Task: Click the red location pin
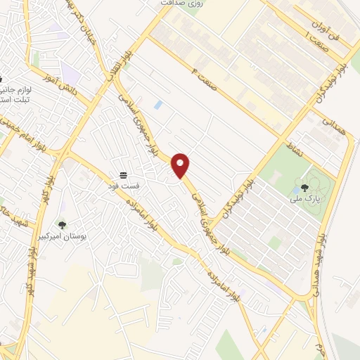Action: point(181,165)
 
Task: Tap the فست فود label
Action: point(124,186)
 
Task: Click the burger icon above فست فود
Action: point(124,174)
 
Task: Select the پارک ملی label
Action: point(304,199)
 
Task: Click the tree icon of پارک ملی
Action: point(304,188)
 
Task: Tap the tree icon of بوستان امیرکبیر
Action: point(62,225)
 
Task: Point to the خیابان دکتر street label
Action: point(82,21)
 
